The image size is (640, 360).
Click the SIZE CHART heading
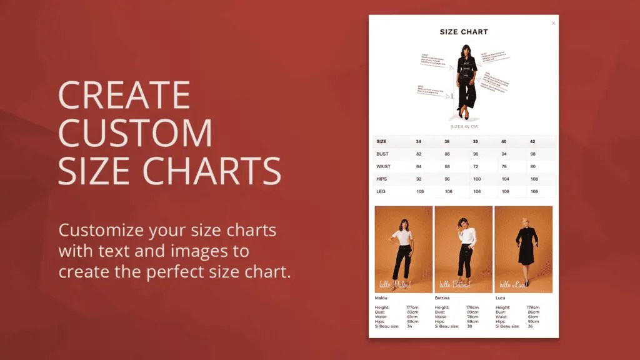pos(464,32)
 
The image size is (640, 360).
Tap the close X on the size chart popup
pos(553,23)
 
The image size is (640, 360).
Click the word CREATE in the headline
pos(124,95)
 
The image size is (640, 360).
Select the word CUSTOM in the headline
pos(135,132)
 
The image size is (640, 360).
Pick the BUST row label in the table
pos(382,154)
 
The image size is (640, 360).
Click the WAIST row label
pos(384,166)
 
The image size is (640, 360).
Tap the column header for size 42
pos(533,142)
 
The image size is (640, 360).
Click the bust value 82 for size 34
pos(419,154)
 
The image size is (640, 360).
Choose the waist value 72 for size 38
pos(476,166)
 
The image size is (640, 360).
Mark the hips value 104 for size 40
pos(504,179)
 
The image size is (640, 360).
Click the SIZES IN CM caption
pos(464,127)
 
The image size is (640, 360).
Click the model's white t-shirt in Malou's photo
pos(403,238)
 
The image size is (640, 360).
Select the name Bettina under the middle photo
pos(443,298)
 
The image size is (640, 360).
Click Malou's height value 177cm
pos(412,307)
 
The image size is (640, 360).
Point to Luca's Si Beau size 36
pos(530,326)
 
